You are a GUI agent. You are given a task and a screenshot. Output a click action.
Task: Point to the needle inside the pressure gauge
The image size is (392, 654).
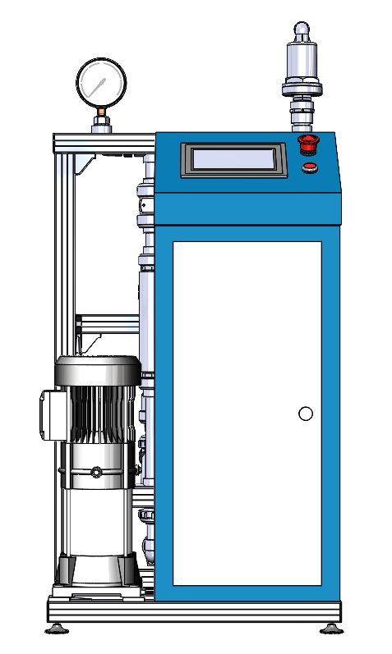point(99,85)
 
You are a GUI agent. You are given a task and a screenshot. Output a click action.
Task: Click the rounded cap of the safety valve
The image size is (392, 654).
point(302,30)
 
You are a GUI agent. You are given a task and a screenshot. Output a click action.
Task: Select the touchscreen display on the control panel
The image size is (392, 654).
point(234,159)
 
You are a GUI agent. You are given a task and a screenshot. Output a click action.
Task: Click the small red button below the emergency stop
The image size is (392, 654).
point(309,168)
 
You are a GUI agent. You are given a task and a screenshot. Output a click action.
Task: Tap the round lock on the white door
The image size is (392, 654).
point(306,414)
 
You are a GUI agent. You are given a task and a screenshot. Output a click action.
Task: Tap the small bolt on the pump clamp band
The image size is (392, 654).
point(96,472)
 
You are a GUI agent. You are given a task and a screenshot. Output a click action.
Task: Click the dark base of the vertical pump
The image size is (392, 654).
point(96,569)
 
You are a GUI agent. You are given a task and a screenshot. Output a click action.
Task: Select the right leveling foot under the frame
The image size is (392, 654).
point(331,629)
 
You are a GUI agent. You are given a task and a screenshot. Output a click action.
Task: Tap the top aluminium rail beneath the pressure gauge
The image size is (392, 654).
point(103,143)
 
